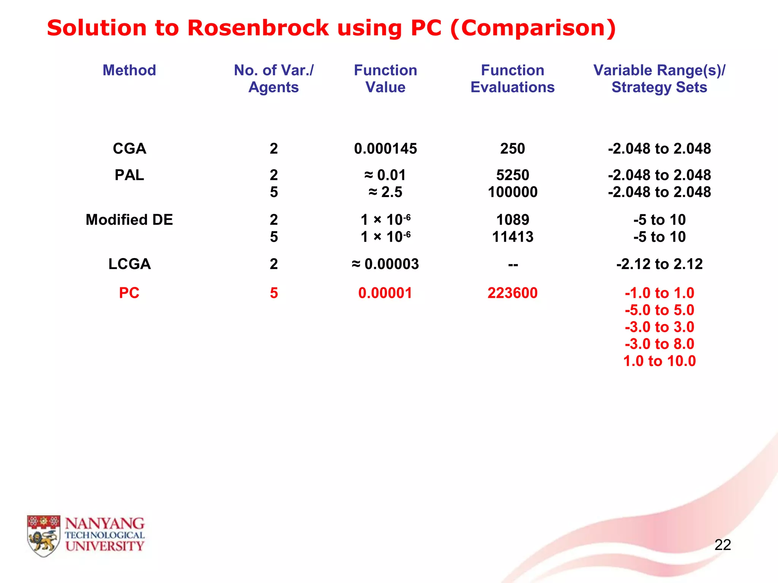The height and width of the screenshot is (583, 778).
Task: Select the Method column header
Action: (x=129, y=70)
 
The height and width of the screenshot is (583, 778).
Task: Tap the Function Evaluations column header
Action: (x=512, y=79)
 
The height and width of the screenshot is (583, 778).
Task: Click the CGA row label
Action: (x=129, y=148)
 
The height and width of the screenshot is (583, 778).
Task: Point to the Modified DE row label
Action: (x=129, y=220)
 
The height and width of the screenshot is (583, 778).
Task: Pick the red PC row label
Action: (x=129, y=293)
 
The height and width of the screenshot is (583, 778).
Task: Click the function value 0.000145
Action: (x=385, y=148)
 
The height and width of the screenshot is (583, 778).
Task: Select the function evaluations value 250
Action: (x=512, y=148)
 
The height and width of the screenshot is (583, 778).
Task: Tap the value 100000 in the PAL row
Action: (x=512, y=192)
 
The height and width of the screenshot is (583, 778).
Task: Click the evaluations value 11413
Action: (x=512, y=237)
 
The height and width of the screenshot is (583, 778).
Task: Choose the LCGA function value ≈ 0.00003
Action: (x=385, y=264)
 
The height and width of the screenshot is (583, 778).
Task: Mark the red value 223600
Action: (x=512, y=293)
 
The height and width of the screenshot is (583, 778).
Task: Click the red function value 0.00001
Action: (x=385, y=293)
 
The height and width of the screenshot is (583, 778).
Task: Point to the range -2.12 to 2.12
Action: (x=659, y=264)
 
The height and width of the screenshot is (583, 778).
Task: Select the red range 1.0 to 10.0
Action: (x=659, y=361)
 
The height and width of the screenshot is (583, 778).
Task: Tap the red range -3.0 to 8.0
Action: (x=659, y=344)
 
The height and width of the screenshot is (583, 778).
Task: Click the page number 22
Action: (x=723, y=545)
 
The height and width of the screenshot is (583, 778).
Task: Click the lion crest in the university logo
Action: (x=44, y=536)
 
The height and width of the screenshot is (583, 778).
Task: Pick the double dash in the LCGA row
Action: (x=513, y=264)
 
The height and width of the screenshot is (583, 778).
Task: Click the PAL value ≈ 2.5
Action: (x=385, y=192)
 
